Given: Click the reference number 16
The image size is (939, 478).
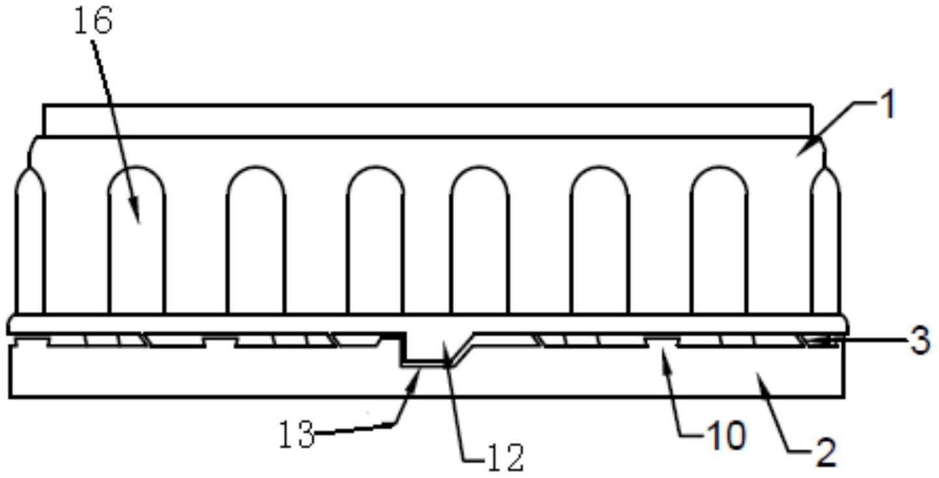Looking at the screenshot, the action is pos(93,21).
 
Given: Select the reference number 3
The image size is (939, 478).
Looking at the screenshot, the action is pos(921,341).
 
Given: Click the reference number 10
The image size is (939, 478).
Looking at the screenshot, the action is pos(726,436).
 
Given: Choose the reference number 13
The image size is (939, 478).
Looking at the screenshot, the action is pos(297,434).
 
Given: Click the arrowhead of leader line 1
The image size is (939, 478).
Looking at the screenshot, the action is pos(803,151).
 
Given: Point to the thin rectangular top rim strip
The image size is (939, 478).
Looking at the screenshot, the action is pos(428,120).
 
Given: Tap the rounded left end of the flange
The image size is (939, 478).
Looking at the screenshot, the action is pos(9,325).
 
